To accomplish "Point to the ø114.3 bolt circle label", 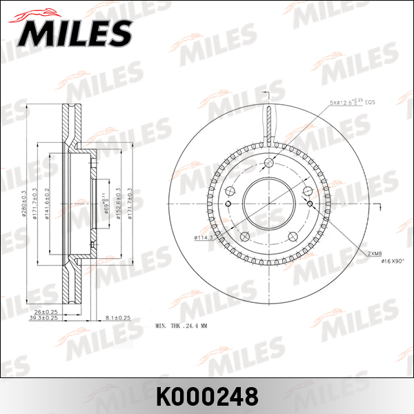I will tap(204, 238).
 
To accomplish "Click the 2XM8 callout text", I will tap(375, 254).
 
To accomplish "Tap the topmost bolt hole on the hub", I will tap(270, 163).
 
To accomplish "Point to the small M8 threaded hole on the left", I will tap(228, 204).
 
